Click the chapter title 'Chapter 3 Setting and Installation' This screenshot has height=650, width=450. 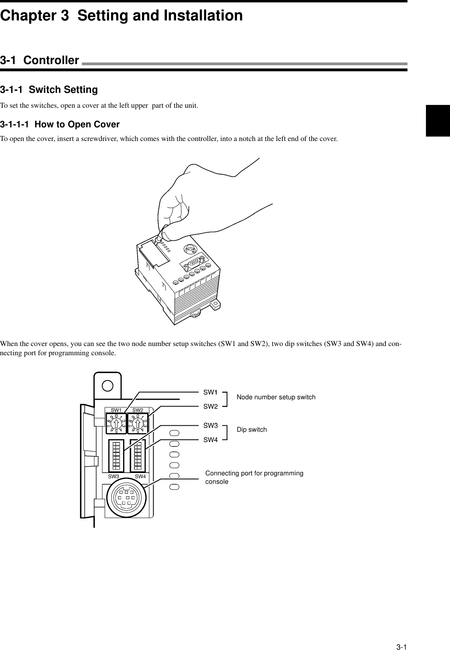[121, 16]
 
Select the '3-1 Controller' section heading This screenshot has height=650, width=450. [40, 61]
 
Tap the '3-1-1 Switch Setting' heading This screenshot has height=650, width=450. [49, 90]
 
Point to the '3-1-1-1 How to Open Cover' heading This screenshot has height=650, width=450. [60, 125]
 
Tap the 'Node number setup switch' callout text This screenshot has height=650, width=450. [276, 397]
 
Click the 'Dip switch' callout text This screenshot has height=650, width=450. [251, 430]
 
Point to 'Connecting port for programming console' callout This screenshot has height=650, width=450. [254, 477]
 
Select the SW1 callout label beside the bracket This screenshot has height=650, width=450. [210, 392]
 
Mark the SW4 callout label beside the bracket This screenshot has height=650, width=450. [210, 440]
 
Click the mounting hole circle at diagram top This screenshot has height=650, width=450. [107, 385]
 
